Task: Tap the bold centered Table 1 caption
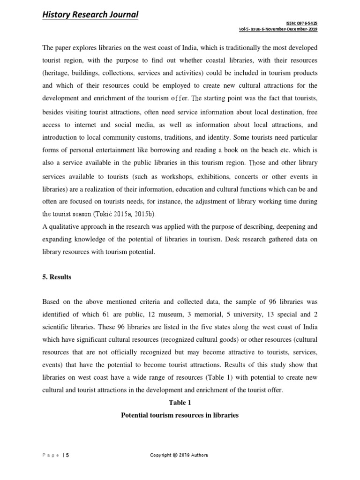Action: click(180, 402)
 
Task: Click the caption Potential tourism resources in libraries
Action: click(180, 415)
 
